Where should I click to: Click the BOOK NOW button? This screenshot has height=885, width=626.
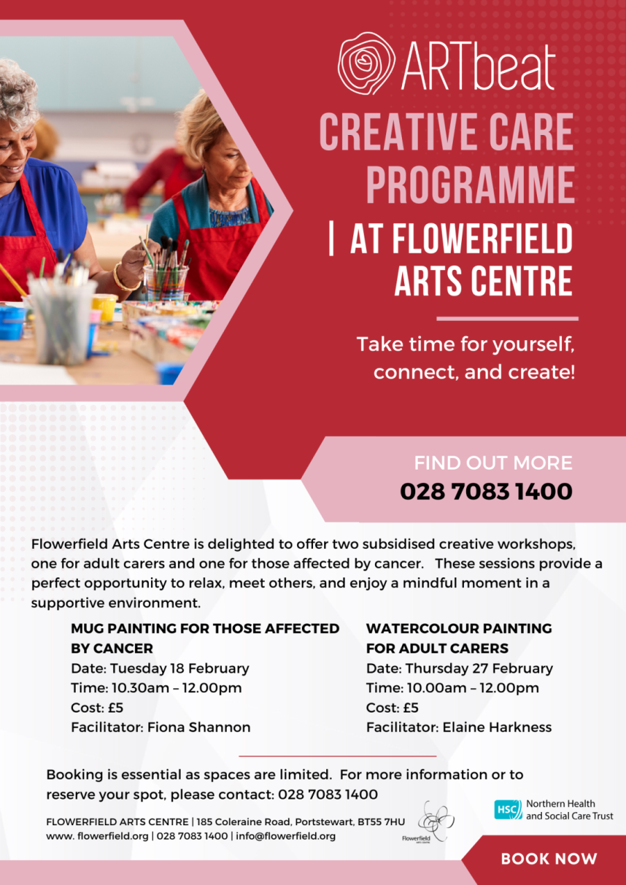click(549, 859)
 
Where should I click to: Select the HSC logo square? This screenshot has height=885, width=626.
click(508, 810)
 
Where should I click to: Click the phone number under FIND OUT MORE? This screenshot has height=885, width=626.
click(485, 492)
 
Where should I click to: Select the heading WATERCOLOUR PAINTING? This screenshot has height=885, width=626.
click(458, 628)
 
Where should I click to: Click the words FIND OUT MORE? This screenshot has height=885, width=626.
click(493, 463)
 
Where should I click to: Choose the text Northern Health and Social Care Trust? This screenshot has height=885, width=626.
click(570, 810)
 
